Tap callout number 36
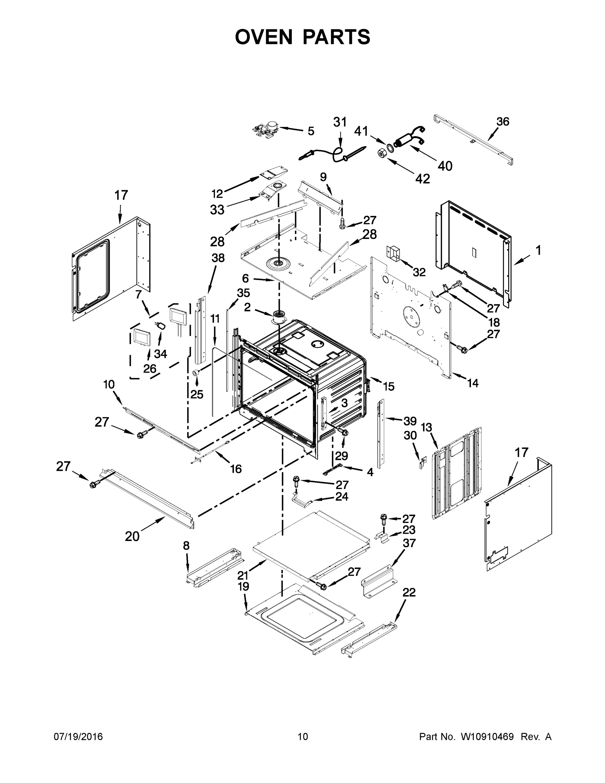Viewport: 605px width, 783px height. (x=503, y=122)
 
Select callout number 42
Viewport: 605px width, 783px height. (x=422, y=178)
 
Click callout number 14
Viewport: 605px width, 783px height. (x=473, y=383)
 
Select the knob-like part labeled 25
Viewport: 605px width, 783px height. (x=196, y=373)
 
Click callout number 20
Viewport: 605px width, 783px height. (x=132, y=536)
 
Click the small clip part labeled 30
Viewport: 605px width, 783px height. (x=423, y=463)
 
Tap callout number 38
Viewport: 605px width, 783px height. (x=218, y=258)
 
